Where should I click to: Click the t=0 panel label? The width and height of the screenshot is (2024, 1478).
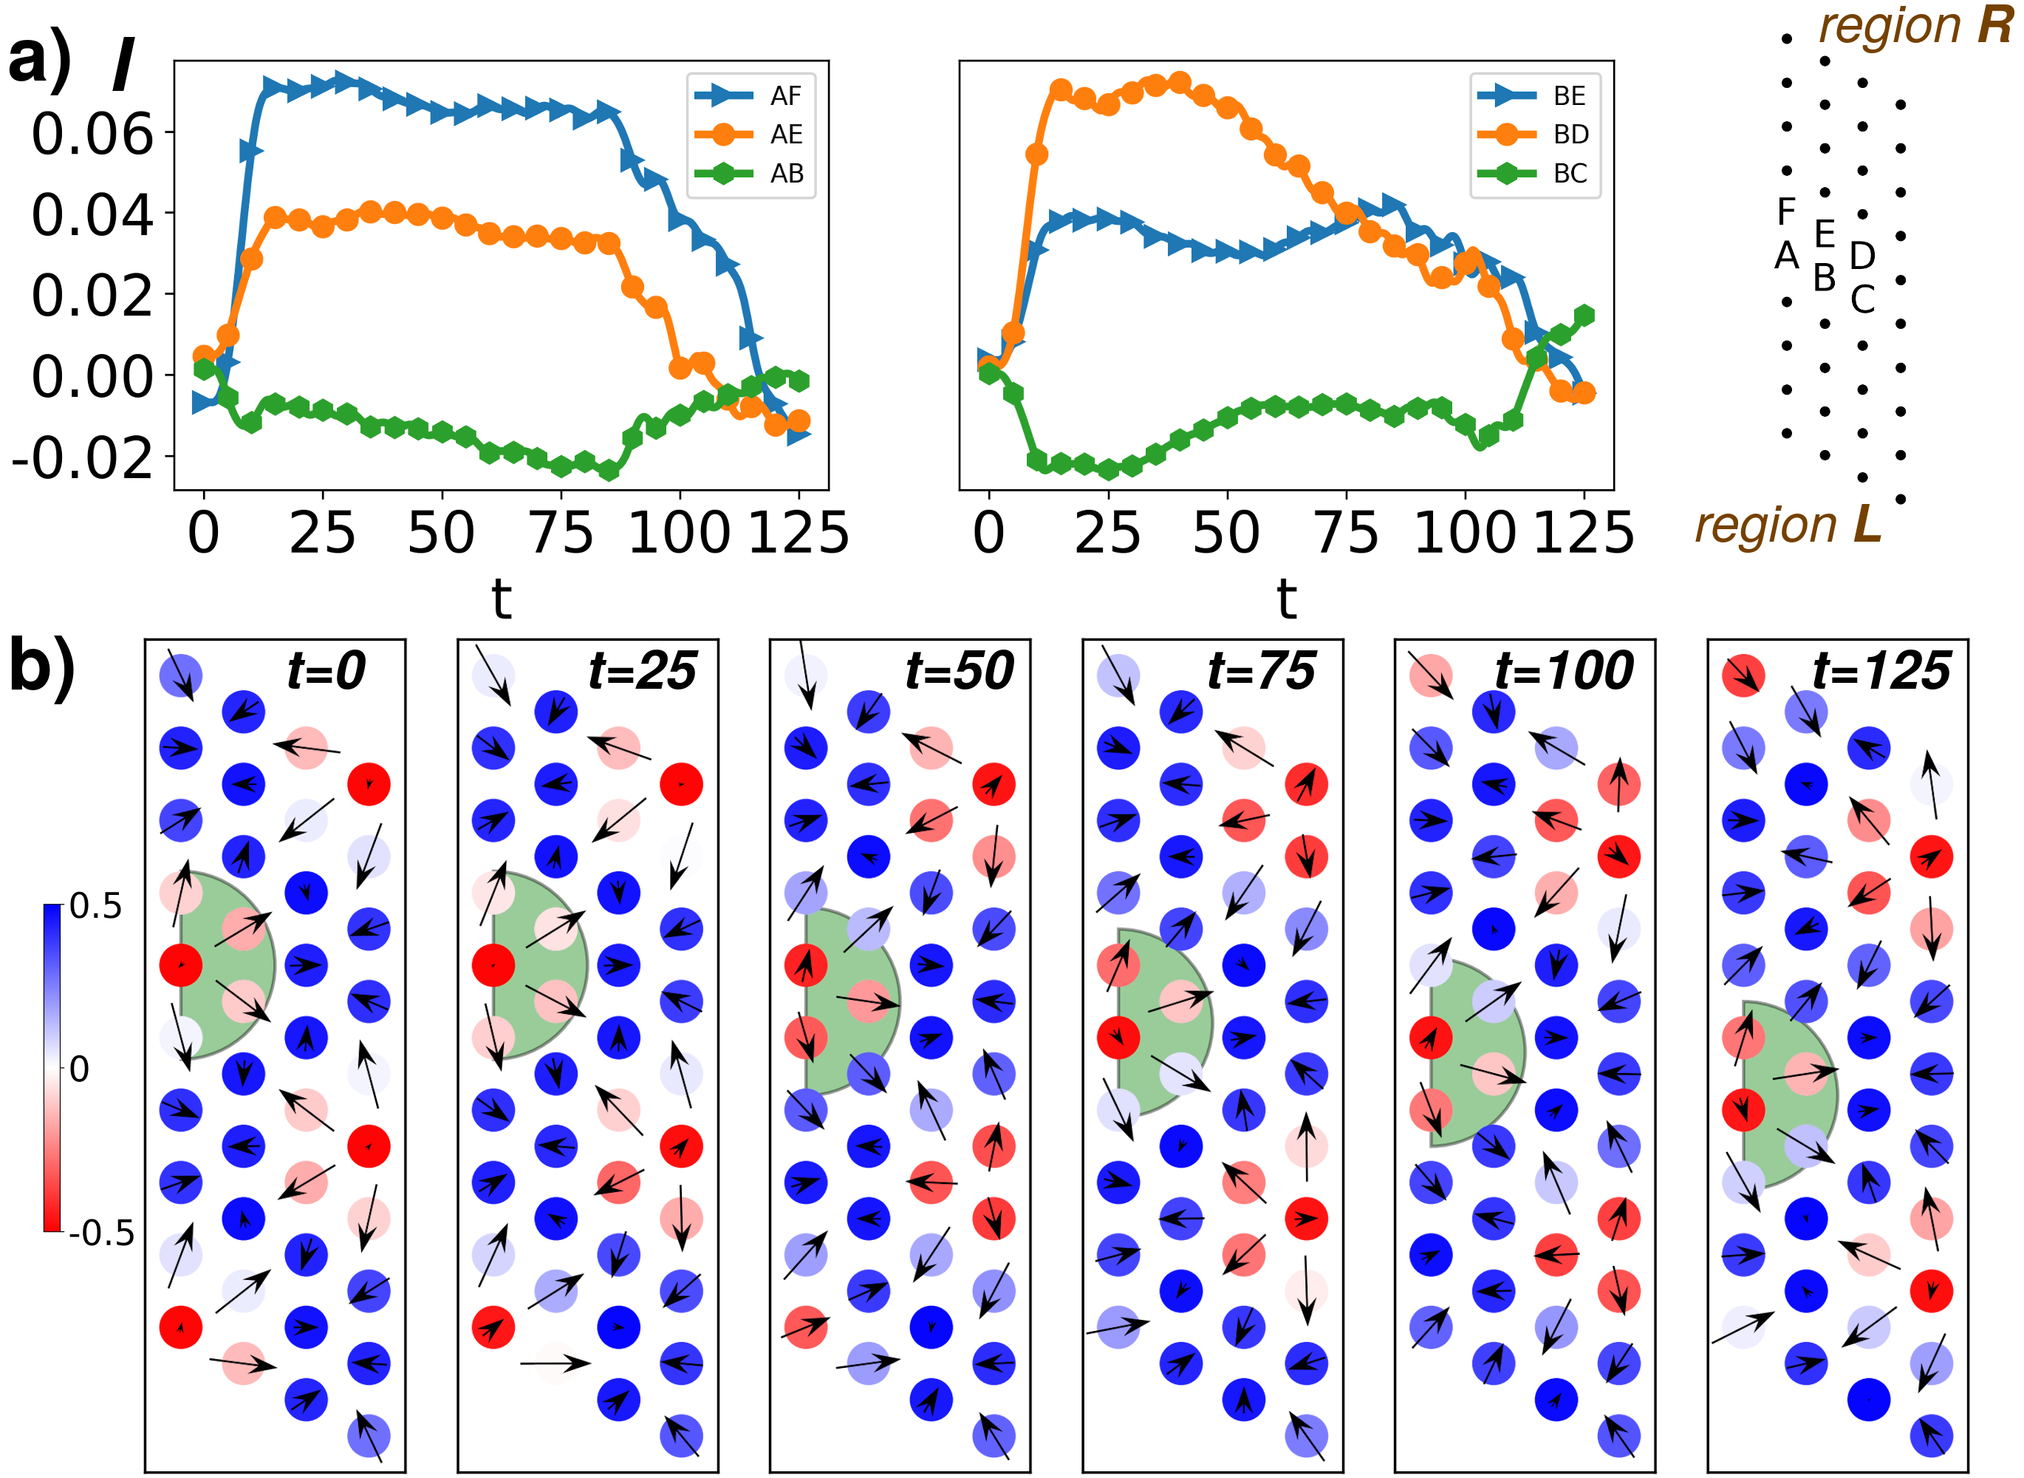click(326, 670)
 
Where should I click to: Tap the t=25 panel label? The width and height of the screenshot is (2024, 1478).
click(642, 670)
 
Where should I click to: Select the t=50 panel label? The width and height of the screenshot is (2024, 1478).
click(959, 670)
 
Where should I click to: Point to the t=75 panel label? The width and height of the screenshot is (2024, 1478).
click(1261, 670)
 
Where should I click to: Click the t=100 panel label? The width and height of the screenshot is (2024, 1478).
click(1565, 670)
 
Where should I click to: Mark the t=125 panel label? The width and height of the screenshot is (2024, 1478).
click(1881, 670)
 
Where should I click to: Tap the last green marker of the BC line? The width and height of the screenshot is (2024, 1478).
click(1583, 315)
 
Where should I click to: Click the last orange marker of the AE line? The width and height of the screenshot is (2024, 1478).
click(799, 420)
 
